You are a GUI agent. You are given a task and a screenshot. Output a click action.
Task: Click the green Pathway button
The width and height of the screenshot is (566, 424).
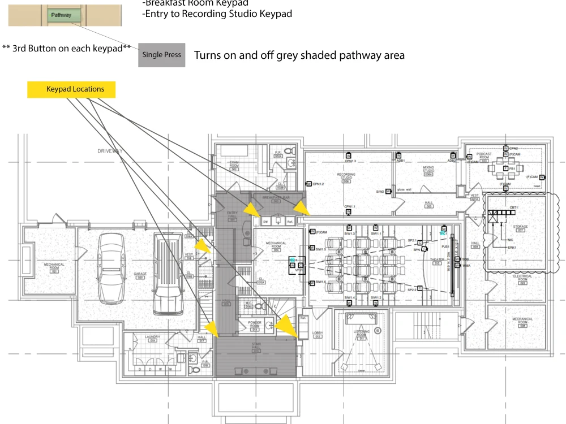point(65,15)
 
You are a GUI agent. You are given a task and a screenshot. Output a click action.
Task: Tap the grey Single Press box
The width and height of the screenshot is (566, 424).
point(161,55)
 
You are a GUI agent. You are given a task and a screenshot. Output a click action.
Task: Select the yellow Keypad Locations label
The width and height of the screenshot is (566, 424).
point(71,89)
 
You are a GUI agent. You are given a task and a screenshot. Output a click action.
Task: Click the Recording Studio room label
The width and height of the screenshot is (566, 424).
point(346,177)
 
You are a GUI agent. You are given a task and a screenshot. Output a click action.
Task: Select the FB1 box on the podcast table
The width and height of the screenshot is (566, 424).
point(506,168)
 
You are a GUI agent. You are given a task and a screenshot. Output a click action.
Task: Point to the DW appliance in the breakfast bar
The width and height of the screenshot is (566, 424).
point(264,222)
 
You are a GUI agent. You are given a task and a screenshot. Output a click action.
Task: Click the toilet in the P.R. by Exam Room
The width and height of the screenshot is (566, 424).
point(290,152)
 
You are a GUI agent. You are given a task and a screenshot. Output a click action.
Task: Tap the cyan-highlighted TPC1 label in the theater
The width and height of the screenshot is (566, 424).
point(443,233)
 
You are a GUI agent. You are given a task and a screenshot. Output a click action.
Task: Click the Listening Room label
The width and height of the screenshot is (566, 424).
point(362,334)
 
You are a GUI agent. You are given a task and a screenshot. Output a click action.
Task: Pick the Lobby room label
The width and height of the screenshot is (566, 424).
point(318,335)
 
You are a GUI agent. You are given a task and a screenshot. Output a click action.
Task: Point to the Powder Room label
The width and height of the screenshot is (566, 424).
point(255,325)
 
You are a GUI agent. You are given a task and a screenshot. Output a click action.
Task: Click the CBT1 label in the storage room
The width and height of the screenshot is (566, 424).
point(513,208)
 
